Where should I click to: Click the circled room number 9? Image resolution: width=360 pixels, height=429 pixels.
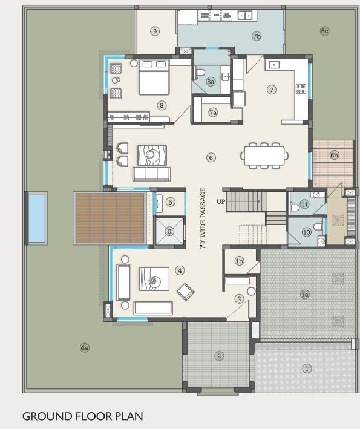point(155,31)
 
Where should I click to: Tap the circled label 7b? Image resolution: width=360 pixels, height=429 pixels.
point(257,36)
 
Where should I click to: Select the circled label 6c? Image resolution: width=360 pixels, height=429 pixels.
point(324,31)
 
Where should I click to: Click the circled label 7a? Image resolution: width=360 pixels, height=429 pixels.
point(212,113)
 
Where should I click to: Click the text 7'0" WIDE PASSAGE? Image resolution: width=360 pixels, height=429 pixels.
point(203,219)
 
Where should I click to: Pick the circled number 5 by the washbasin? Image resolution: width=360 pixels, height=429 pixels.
point(171,202)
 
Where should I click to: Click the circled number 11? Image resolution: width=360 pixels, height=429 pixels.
point(304,205)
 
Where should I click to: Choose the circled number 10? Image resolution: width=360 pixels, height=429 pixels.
point(306,231)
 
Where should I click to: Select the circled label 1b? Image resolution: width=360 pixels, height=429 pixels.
point(239,261)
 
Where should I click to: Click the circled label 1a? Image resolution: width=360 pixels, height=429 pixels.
point(305,295)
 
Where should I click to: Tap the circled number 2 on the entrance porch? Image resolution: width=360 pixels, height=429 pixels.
point(219,356)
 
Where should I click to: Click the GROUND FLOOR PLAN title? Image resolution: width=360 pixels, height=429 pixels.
point(82,416)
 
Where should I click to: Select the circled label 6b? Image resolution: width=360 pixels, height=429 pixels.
point(334,156)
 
